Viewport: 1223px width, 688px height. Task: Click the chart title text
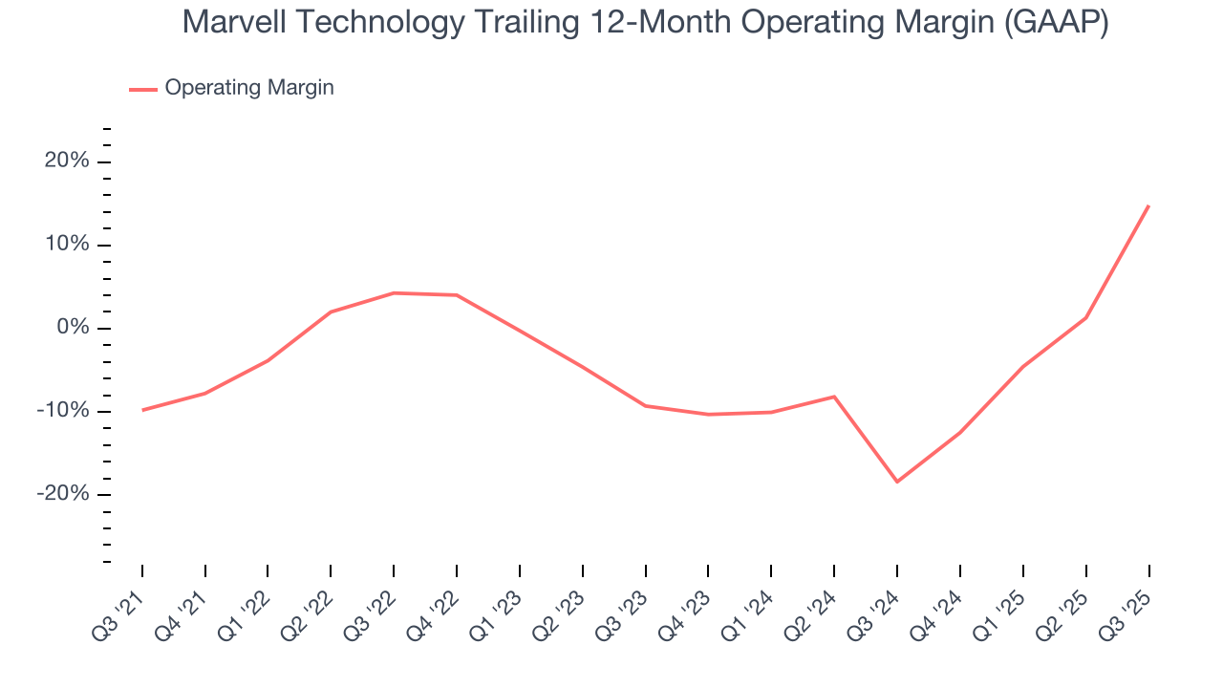[645, 21]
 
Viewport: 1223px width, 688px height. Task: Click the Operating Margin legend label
[249, 88]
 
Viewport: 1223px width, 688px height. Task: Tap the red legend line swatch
[143, 89]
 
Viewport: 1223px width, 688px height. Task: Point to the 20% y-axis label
[67, 161]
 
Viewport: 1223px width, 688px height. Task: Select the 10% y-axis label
[67, 245]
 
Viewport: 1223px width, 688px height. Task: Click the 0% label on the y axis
[73, 328]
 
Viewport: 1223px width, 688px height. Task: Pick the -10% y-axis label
[63, 411]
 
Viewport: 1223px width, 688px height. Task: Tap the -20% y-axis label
[63, 494]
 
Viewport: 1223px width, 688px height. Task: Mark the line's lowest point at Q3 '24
[897, 482]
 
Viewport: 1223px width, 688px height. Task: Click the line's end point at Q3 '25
[1148, 205]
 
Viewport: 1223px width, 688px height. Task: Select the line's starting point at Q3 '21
[142, 410]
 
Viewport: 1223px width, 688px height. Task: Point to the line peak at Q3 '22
[394, 292]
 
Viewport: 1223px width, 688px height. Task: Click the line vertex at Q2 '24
[834, 397]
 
